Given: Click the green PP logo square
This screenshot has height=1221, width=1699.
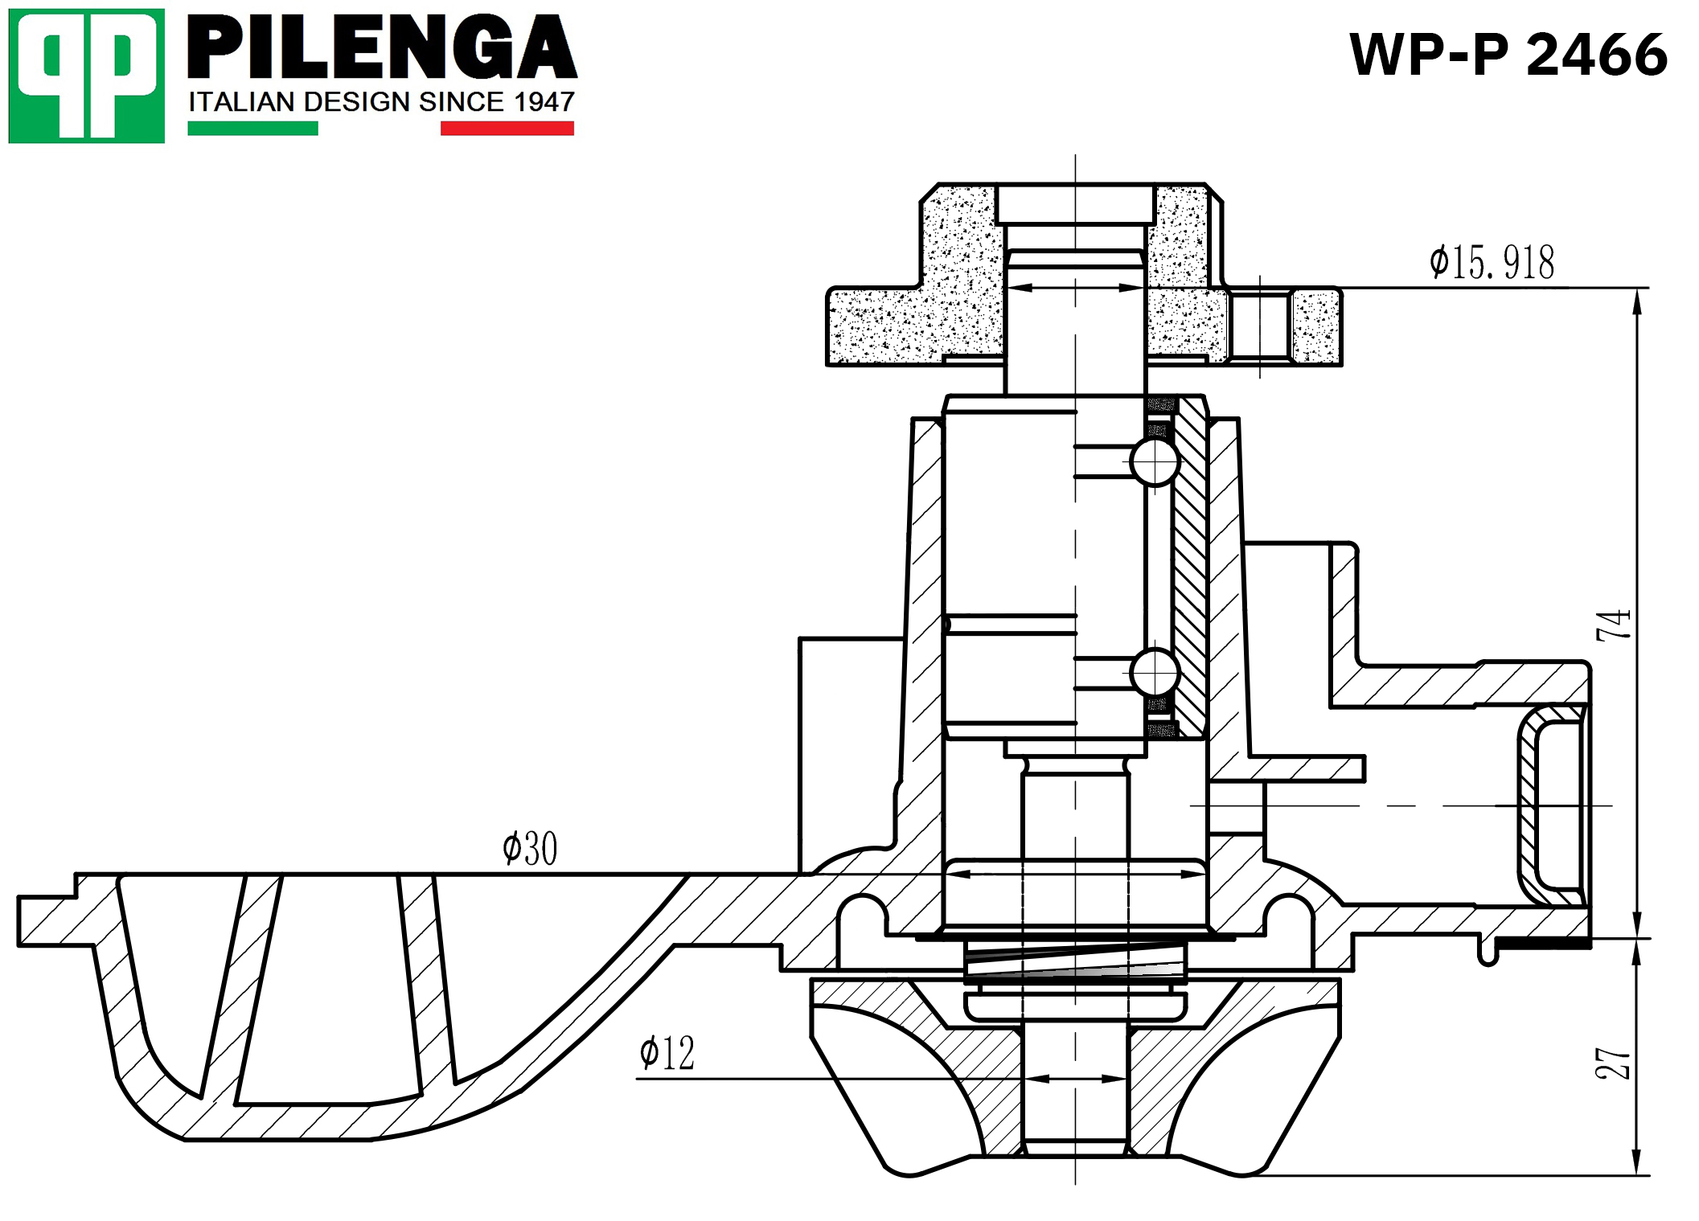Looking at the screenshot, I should click(x=86, y=76).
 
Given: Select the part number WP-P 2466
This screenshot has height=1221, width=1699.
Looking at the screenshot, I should click(x=1508, y=55).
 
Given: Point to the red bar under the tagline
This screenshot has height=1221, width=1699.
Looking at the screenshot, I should click(x=507, y=129).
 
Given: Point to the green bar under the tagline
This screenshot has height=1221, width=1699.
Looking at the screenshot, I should click(x=252, y=129).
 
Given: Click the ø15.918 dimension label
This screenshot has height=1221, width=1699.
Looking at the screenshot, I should click(x=1492, y=262).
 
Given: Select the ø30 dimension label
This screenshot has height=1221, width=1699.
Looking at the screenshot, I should click(x=530, y=849).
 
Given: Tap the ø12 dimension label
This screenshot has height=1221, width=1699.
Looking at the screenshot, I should click(x=667, y=1053).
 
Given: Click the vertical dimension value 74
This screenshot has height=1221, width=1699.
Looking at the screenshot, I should click(x=1613, y=625).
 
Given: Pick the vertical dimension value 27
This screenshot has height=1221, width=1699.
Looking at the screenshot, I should click(x=1613, y=1063).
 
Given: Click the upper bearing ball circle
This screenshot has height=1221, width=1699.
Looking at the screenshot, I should click(x=1155, y=462).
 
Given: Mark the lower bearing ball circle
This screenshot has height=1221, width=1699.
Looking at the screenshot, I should click(x=1155, y=672).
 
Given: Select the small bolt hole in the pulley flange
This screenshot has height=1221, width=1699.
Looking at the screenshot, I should click(x=1260, y=326).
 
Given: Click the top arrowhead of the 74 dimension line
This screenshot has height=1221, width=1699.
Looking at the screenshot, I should click(x=1638, y=301).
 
